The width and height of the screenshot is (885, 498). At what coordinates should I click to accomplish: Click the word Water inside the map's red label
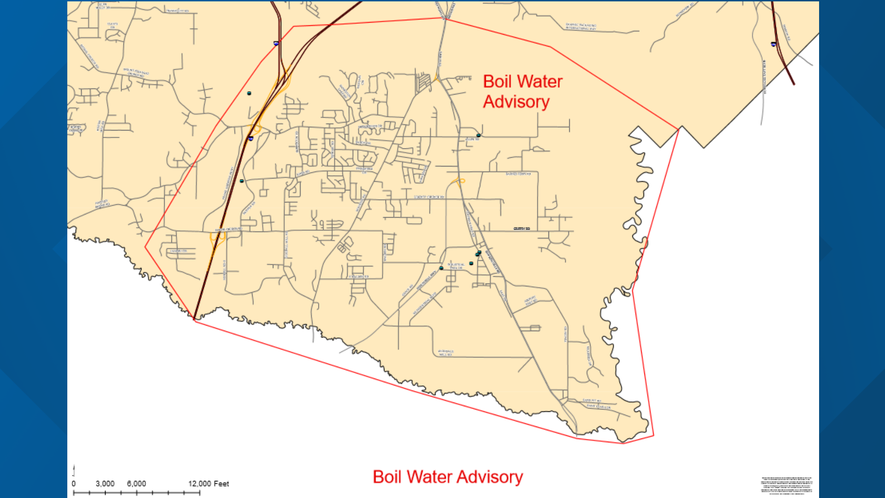point(540,82)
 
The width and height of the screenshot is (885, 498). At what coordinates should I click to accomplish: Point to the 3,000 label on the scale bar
point(105,483)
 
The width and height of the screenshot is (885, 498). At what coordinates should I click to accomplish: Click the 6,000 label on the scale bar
point(136,483)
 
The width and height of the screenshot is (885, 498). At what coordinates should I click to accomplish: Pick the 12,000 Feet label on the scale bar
point(208,483)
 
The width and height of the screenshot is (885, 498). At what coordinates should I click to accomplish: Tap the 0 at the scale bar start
point(74,483)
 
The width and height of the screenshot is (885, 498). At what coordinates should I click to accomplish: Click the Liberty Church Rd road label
point(429,197)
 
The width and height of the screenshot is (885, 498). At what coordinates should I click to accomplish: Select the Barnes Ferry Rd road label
point(518,174)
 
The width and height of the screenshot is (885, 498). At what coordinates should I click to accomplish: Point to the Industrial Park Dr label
point(455,266)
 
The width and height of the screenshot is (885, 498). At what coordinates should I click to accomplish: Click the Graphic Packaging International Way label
point(581,27)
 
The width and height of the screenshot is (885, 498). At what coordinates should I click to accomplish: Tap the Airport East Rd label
point(531,301)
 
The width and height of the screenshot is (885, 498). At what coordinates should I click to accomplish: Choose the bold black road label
point(522,228)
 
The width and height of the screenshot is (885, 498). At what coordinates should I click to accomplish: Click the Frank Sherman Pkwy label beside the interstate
point(227,184)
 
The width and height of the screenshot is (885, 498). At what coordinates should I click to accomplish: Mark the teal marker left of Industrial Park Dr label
point(441,268)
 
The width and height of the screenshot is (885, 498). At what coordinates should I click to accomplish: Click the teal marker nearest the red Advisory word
point(478,135)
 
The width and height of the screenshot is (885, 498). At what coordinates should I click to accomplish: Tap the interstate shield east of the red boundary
point(773,44)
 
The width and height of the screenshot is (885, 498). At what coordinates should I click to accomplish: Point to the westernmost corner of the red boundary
point(146,247)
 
